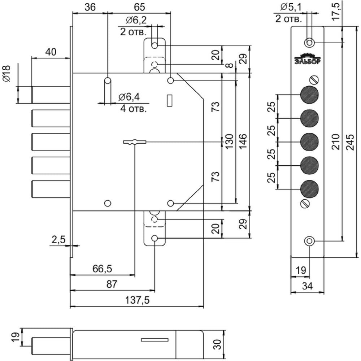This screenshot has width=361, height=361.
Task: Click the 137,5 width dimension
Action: click(137, 300)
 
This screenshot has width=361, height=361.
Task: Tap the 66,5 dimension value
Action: click(102, 269)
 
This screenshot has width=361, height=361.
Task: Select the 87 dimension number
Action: click(112, 284)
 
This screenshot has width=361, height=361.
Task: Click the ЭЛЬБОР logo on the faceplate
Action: click(308, 59)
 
